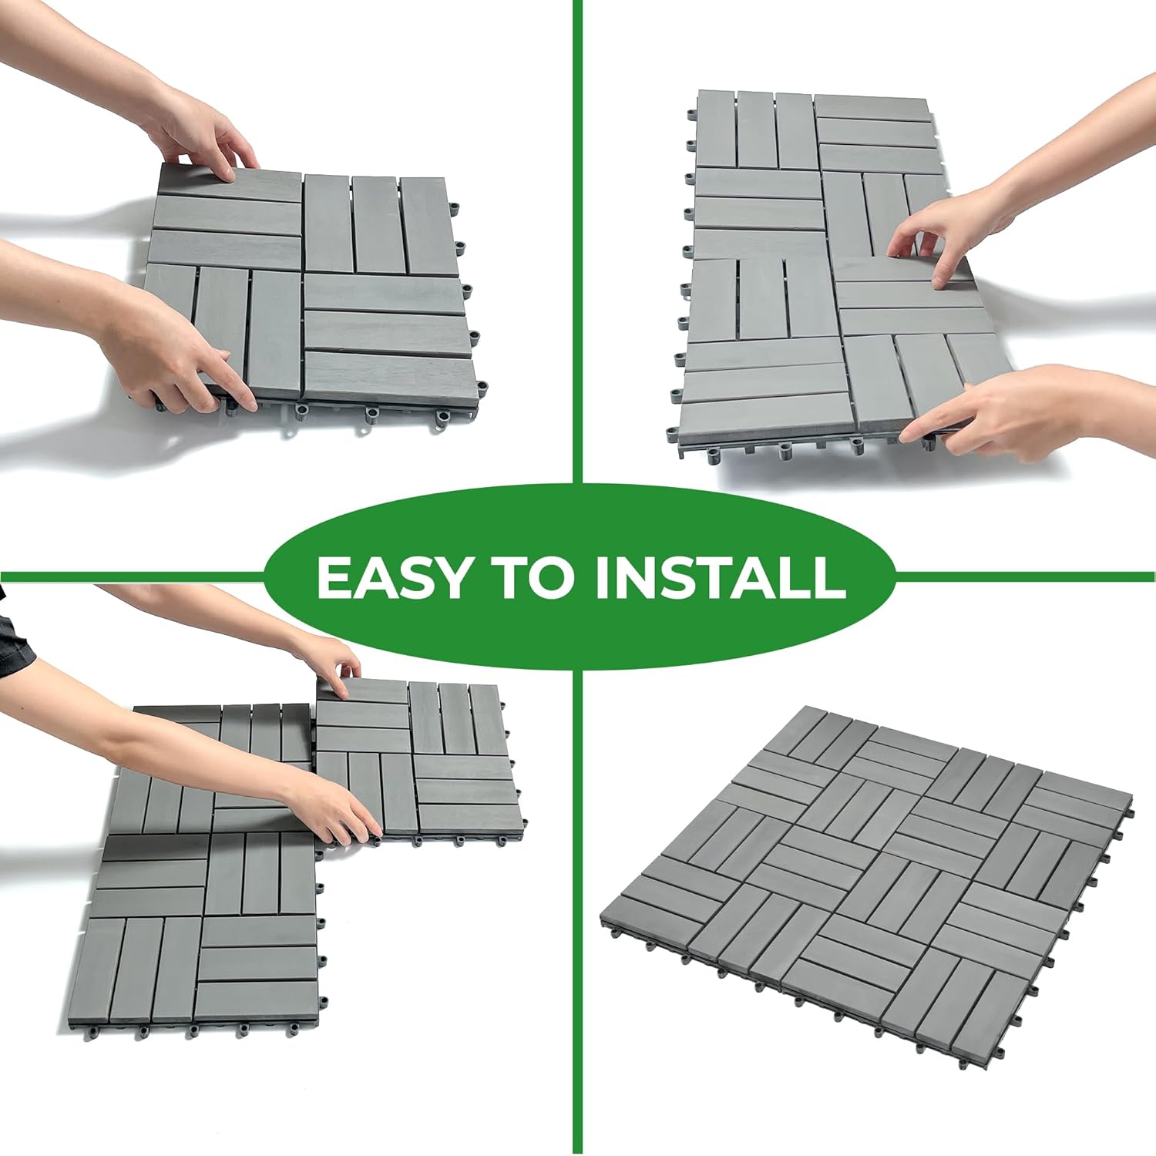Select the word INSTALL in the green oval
pos(720,577)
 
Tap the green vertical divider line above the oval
pos(577,231)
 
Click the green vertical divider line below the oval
pos(577,925)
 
